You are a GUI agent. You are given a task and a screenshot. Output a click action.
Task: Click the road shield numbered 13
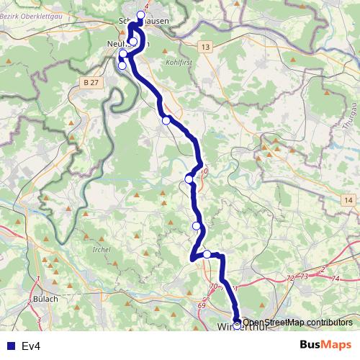[206, 47]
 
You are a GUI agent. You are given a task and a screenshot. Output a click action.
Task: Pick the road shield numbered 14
[348, 199]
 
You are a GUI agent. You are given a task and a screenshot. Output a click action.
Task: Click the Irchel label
[102, 249]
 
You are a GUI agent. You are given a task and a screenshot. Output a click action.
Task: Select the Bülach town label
[45, 298]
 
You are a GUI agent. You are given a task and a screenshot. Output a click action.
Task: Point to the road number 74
[336, 277]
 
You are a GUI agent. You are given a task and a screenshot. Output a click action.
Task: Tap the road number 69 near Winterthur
[201, 306]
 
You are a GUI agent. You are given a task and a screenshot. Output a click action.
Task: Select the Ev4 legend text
[31, 346]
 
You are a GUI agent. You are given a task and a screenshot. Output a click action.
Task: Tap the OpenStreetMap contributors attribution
[297, 323]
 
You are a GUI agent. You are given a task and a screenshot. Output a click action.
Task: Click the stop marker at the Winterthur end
[238, 324]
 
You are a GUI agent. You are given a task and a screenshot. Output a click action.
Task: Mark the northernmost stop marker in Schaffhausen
[140, 14]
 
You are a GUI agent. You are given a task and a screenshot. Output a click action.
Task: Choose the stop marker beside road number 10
[189, 179]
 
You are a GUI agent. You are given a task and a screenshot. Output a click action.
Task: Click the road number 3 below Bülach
[38, 319]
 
